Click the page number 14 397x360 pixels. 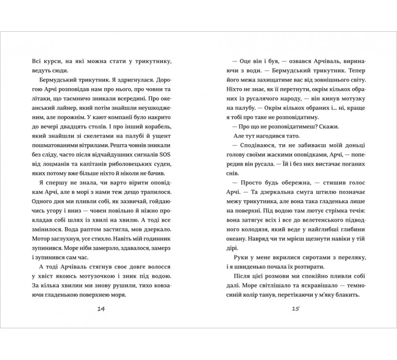click(x=101, y=309)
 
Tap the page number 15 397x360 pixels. click(x=296, y=309)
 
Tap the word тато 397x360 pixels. click(x=292, y=135)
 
